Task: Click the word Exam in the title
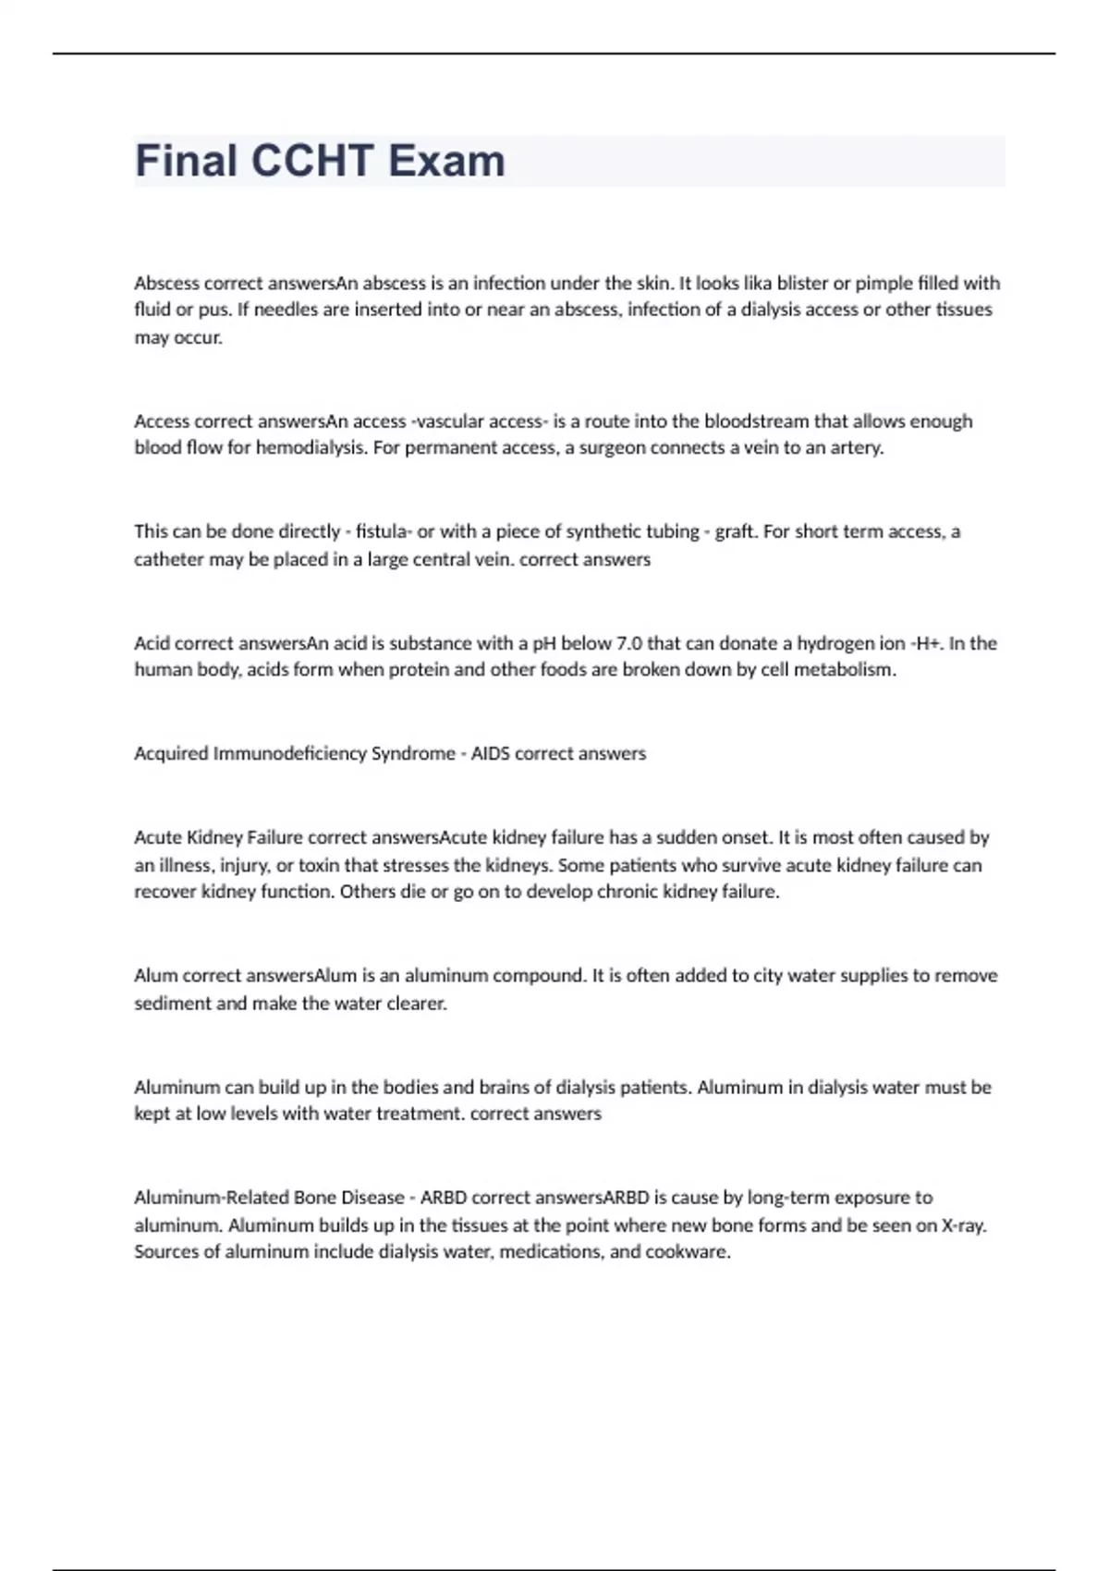(446, 161)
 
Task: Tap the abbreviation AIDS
(490, 753)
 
